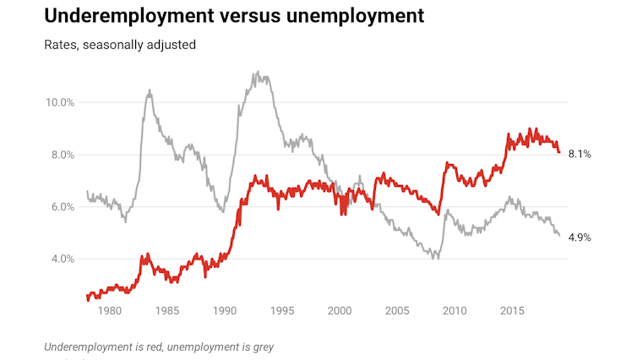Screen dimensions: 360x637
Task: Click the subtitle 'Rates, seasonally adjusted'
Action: point(120,44)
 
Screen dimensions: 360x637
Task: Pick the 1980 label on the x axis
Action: point(110,312)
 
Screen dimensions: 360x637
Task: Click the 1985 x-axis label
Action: point(167,312)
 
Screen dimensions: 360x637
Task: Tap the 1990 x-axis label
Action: point(225,312)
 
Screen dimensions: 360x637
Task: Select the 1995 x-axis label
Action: point(282,312)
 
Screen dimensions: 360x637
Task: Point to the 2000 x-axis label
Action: point(340,312)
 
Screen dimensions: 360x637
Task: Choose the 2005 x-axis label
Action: point(398,312)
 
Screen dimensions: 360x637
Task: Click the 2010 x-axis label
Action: point(455,312)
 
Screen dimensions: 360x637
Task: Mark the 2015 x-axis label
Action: point(513,312)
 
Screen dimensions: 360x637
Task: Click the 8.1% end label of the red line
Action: point(580,154)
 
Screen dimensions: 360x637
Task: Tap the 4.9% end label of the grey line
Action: point(580,237)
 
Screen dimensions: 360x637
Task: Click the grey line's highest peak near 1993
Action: point(256,73)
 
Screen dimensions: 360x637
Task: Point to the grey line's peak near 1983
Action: point(150,90)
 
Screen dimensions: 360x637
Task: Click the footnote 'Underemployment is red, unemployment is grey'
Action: point(159,346)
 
